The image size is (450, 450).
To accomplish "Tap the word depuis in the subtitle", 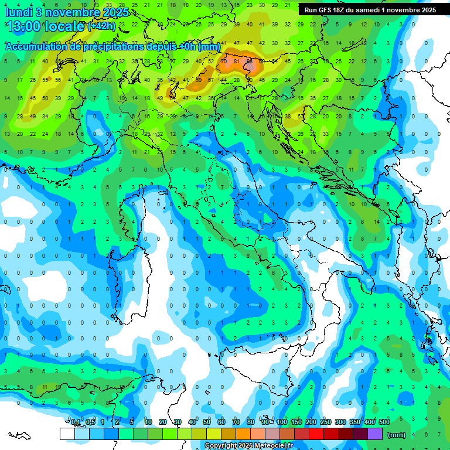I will coord(163,47).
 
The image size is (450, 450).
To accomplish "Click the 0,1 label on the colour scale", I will coord(76,422).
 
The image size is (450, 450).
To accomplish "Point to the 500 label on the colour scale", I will coord(384,422).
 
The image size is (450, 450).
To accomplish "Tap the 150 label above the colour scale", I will coord(296,422).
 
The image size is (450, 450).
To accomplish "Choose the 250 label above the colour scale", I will coord(326,422).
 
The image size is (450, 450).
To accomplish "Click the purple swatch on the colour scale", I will coord(375,434).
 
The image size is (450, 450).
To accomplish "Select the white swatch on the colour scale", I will coord(67,434).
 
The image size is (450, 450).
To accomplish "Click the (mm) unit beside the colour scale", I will coord(397,435).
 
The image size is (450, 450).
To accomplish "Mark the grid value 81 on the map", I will coord(237,60).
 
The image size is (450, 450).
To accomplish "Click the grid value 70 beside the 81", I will coord(224,60).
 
